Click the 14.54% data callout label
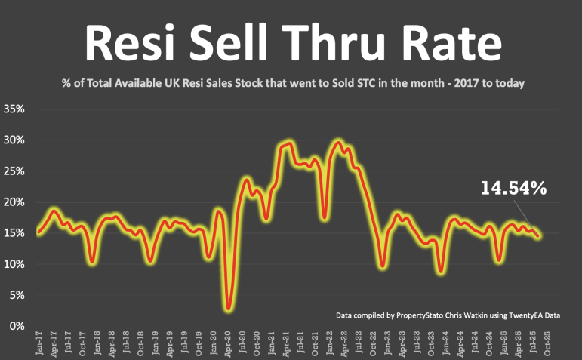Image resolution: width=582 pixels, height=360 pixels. tap(513, 188)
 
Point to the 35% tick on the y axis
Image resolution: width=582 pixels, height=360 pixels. tap(14, 109)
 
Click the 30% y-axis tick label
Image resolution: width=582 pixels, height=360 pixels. tap(14, 140)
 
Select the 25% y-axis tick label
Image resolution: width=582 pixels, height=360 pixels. tap(14, 171)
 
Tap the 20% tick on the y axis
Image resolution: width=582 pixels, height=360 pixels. tap(14, 202)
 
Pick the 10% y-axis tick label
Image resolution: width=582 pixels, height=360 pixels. tap(14, 264)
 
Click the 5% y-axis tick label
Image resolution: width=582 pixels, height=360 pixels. tap(17, 295)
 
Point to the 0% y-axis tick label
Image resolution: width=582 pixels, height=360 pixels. tap(17, 326)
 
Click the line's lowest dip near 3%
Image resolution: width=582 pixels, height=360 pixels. tap(228, 308)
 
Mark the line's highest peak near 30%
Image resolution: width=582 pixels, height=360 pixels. tap(337, 141)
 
